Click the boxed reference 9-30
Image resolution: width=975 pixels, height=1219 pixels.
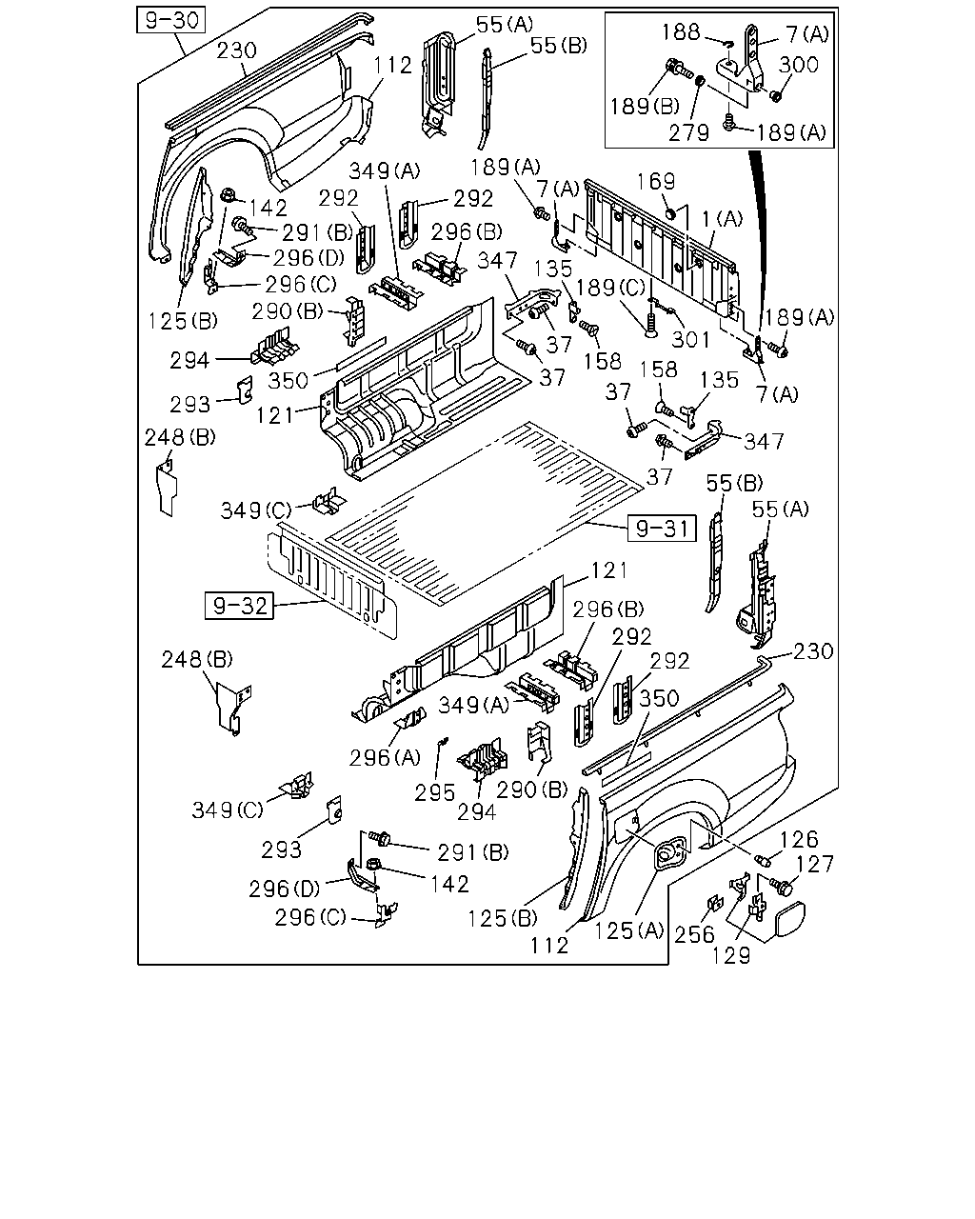[170, 20]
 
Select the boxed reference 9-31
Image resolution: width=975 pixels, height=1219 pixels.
[662, 529]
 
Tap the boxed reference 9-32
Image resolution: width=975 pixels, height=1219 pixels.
[239, 606]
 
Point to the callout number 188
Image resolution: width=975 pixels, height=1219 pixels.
[681, 31]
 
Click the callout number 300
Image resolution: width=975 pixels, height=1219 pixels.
[799, 65]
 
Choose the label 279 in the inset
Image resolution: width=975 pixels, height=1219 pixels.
[689, 132]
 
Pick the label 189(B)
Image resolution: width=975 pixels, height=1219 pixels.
[645, 106]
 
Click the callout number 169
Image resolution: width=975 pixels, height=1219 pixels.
[657, 182]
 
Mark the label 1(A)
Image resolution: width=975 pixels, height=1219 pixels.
[723, 219]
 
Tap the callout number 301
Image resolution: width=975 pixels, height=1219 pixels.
[691, 339]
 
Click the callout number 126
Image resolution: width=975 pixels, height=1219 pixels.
[800, 839]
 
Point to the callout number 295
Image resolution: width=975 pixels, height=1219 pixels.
[434, 793]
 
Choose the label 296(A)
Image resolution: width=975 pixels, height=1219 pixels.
[385, 758]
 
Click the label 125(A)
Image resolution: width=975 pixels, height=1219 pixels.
[629, 930]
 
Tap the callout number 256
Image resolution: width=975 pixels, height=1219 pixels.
[694, 934]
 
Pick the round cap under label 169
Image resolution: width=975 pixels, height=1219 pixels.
[669, 214]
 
